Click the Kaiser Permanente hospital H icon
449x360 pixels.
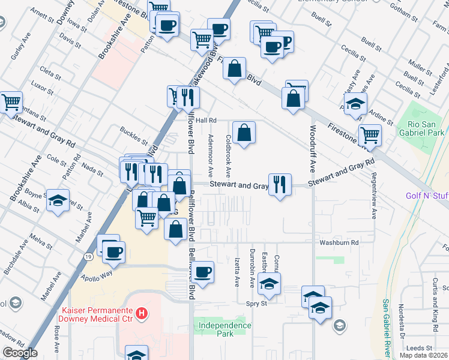click(142, 313)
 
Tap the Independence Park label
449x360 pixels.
click(222, 329)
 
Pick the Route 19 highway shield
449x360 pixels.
click(88, 257)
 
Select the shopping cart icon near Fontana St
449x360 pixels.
click(11, 102)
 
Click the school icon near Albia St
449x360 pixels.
click(58, 200)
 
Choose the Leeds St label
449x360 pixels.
click(420, 348)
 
